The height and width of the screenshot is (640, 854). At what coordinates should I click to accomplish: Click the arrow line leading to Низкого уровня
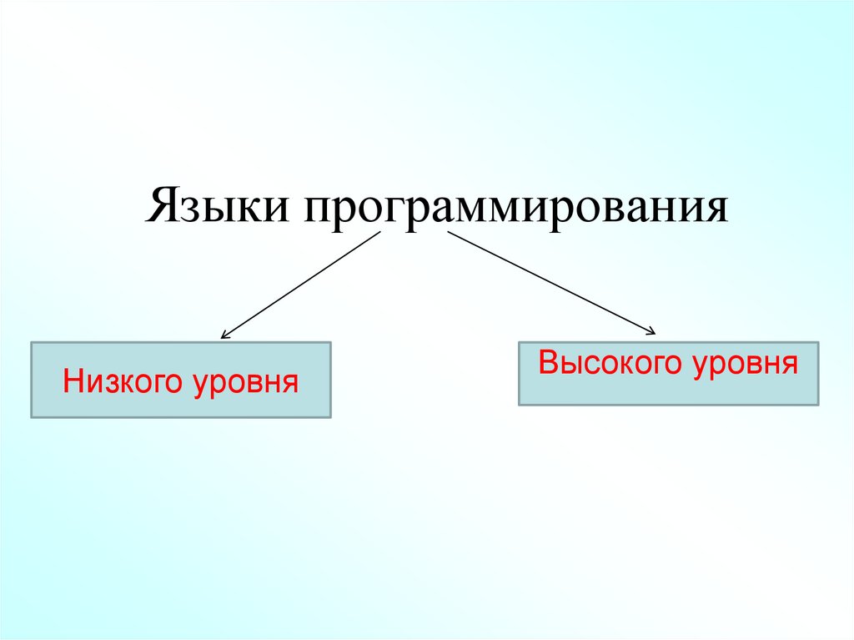tap(300, 285)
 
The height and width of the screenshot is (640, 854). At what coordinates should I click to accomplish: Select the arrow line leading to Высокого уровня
tap(550, 283)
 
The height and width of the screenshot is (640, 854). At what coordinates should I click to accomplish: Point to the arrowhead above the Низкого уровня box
tap(224, 336)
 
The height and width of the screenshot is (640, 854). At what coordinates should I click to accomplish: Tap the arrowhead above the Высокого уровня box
tap(652, 333)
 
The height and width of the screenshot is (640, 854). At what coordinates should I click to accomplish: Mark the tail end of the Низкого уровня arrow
tap(379, 231)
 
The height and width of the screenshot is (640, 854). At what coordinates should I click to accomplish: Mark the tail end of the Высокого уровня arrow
tap(448, 232)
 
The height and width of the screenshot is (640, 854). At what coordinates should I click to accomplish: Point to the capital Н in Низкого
tap(73, 383)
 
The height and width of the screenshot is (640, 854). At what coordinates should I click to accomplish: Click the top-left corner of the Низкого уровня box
tap(32, 342)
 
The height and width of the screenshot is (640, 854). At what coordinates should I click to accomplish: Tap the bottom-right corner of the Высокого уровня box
tap(818, 405)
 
